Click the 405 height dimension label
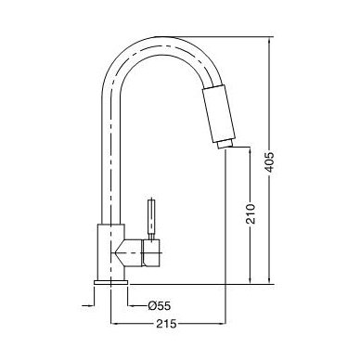coord(270,161)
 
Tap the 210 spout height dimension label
coord(251,213)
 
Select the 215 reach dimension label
coord(166,324)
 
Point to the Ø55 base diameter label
coord(159,306)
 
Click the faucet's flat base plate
coord(110,282)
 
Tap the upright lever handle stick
coord(151,217)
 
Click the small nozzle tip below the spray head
coord(225,143)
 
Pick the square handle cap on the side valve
coord(150,252)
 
